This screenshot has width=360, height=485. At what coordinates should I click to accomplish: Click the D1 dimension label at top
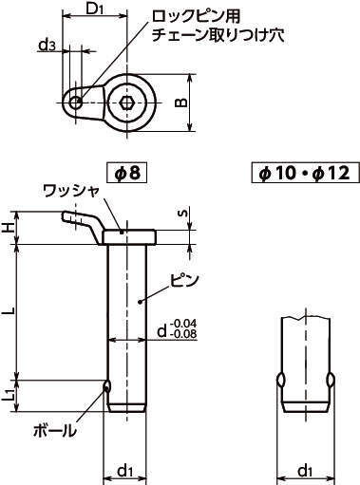tap(95, 9)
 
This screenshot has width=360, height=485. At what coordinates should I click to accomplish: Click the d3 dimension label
tap(47, 46)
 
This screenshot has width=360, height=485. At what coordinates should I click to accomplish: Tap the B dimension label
tap(181, 103)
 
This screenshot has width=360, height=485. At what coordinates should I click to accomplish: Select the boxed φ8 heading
tap(127, 173)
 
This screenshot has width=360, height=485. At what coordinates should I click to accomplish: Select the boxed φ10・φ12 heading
tap(305, 173)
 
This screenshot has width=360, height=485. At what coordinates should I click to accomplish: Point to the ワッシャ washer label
tap(71, 192)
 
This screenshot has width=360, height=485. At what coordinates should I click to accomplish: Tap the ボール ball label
tap(55, 430)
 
